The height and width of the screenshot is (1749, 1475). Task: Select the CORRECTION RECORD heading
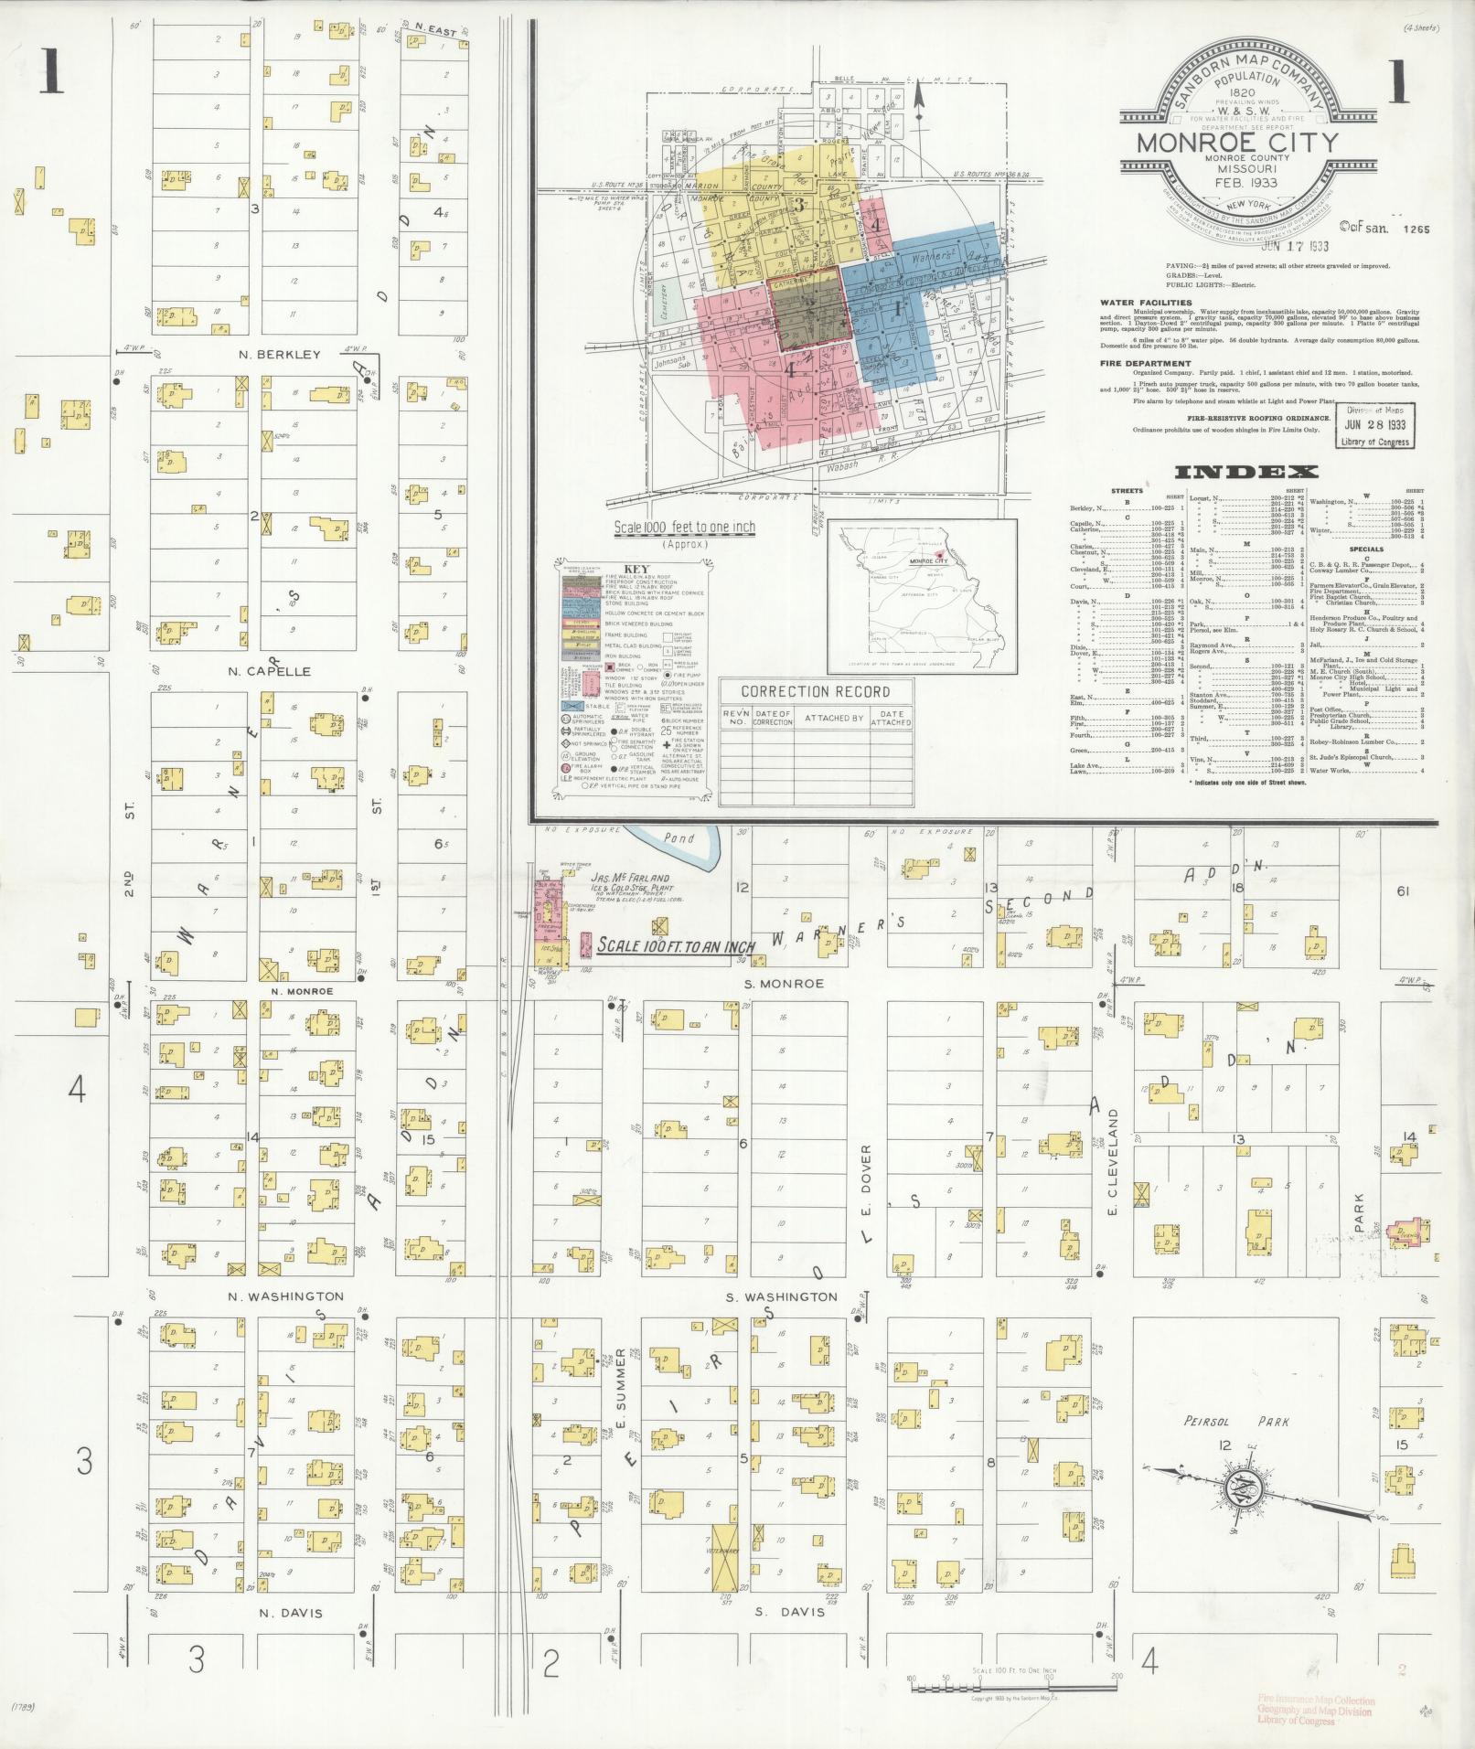coord(815,691)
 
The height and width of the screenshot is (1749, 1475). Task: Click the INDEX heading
coord(1245,472)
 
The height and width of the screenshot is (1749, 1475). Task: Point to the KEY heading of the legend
coord(634,567)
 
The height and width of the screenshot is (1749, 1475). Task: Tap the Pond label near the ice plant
coord(679,837)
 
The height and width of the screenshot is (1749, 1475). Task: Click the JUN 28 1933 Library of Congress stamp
coord(1373,427)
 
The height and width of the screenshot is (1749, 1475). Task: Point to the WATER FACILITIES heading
coord(1145,302)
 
